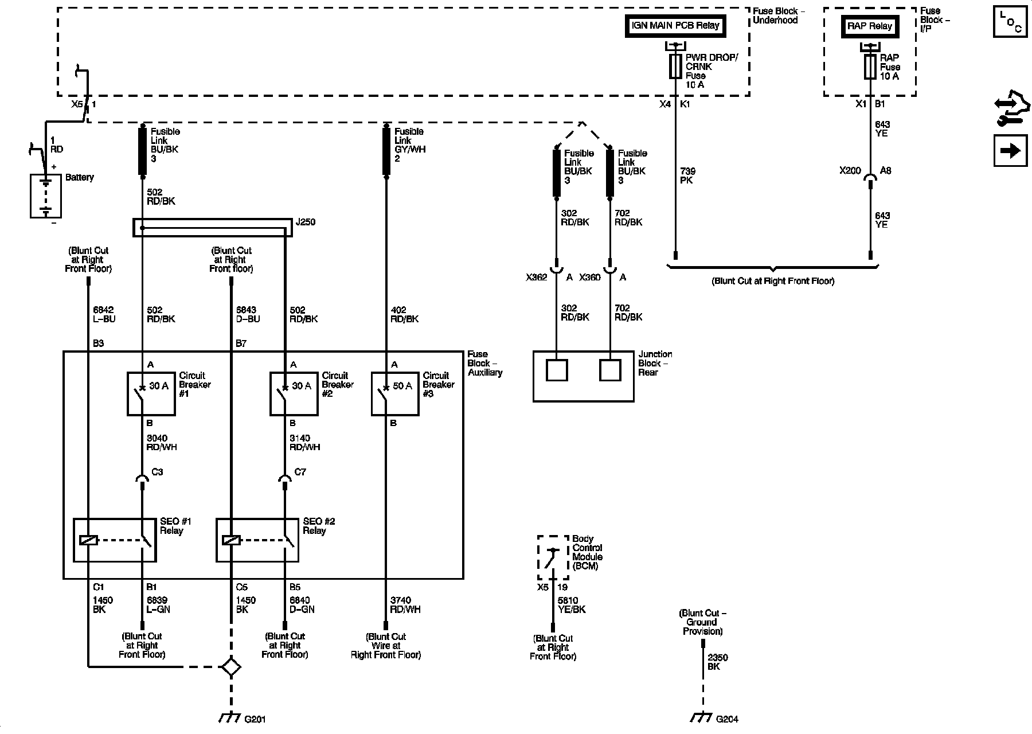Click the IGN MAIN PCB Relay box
(x=675, y=26)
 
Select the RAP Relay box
(x=870, y=26)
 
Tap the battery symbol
(x=45, y=196)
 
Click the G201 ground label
(x=255, y=719)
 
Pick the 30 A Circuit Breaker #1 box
(x=151, y=393)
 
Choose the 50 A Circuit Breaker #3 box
(x=394, y=393)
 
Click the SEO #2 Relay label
(x=319, y=526)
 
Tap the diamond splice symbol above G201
(x=231, y=666)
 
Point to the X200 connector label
(x=850, y=170)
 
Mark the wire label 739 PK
(x=687, y=175)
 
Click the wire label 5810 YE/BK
(x=571, y=605)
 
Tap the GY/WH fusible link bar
(x=387, y=150)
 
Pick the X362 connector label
(x=537, y=277)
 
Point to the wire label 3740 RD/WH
(x=405, y=605)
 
